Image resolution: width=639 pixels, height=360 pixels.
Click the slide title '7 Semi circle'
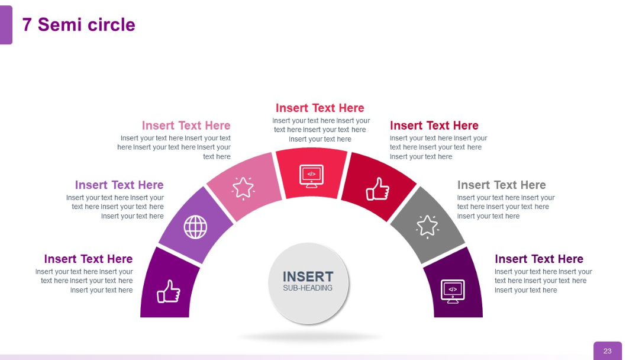pos(79,25)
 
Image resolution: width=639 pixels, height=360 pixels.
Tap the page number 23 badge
pos(607,351)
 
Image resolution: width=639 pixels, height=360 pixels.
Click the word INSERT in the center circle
pos(308,277)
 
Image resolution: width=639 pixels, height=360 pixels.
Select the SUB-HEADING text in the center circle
pos(308,288)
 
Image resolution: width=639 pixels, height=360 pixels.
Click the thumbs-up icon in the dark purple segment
pos(168,291)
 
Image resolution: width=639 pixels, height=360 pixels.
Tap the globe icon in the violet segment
pos(195,227)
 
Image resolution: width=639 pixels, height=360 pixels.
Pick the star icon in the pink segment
pos(243,187)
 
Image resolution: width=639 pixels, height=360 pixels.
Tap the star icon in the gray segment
pos(427,226)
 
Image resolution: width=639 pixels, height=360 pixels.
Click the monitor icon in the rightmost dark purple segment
pos(453,291)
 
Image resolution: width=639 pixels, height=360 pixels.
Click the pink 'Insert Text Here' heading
pos(186,126)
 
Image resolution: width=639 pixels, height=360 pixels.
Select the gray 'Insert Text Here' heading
pos(501,185)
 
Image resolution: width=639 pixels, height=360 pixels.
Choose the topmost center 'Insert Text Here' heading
pos(319,108)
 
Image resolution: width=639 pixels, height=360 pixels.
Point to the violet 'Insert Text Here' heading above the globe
pos(119,185)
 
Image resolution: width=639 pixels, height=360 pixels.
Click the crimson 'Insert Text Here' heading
pos(434,126)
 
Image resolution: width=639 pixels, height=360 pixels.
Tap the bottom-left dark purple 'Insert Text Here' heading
pos(88,259)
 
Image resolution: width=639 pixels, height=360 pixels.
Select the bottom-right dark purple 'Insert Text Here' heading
pos(538,259)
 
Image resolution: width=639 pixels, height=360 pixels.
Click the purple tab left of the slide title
pos(5,25)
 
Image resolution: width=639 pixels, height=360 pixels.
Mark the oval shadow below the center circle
pos(310,337)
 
